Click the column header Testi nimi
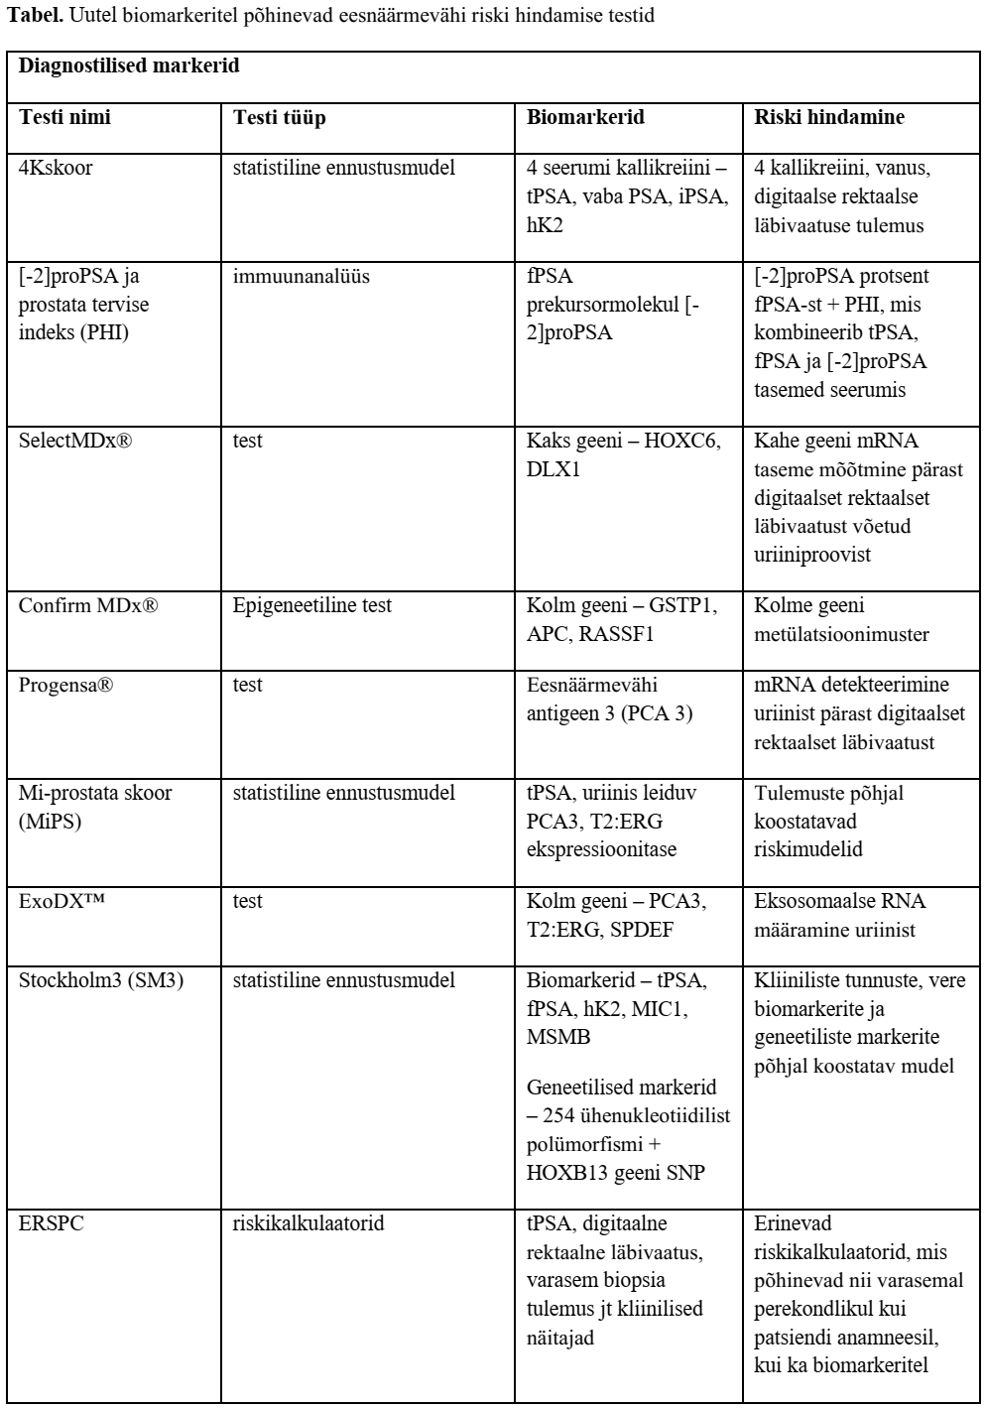65,117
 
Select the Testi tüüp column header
280,117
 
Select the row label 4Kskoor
57,168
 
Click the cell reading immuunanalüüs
301,276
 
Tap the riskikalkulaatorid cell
308,1223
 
